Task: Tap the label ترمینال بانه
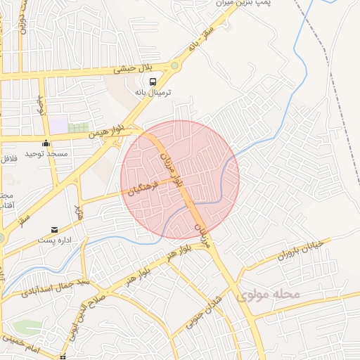click(x=153, y=92)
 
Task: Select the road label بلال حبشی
click(x=134, y=70)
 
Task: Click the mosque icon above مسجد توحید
click(x=46, y=143)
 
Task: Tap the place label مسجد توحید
click(x=46, y=153)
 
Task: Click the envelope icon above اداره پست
click(x=55, y=229)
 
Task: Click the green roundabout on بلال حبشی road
click(x=174, y=66)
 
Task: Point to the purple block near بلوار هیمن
click(x=58, y=125)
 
